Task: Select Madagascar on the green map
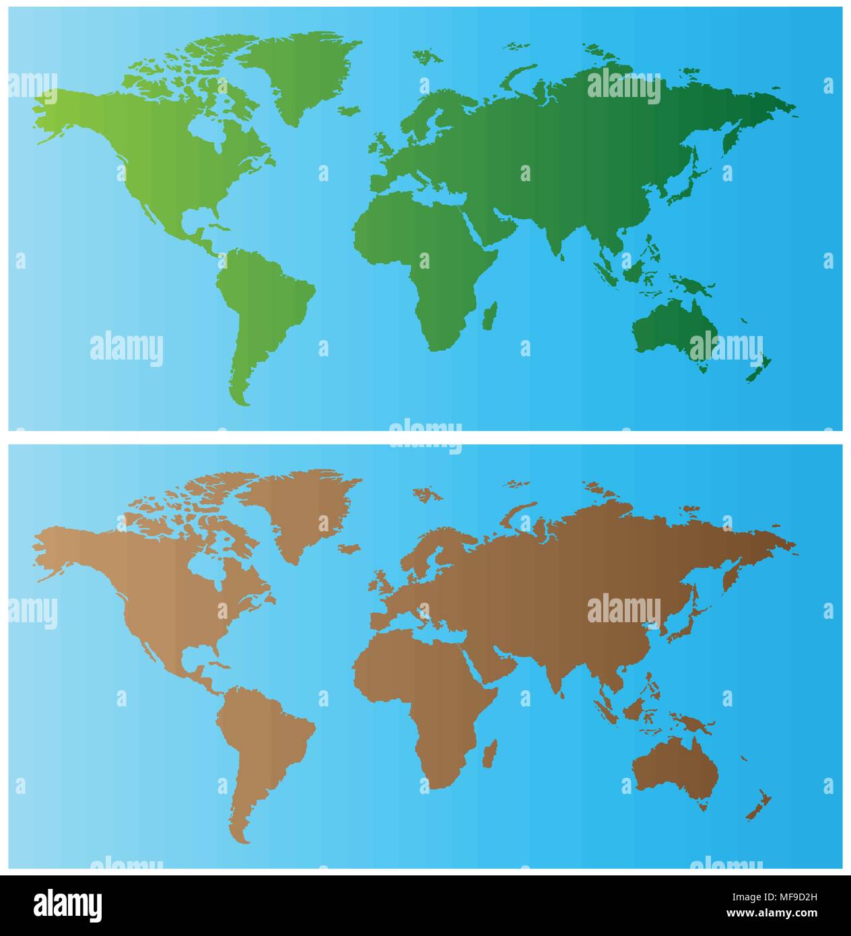coord(491,315)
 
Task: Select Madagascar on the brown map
coord(491,754)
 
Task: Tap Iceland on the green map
coord(349,110)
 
